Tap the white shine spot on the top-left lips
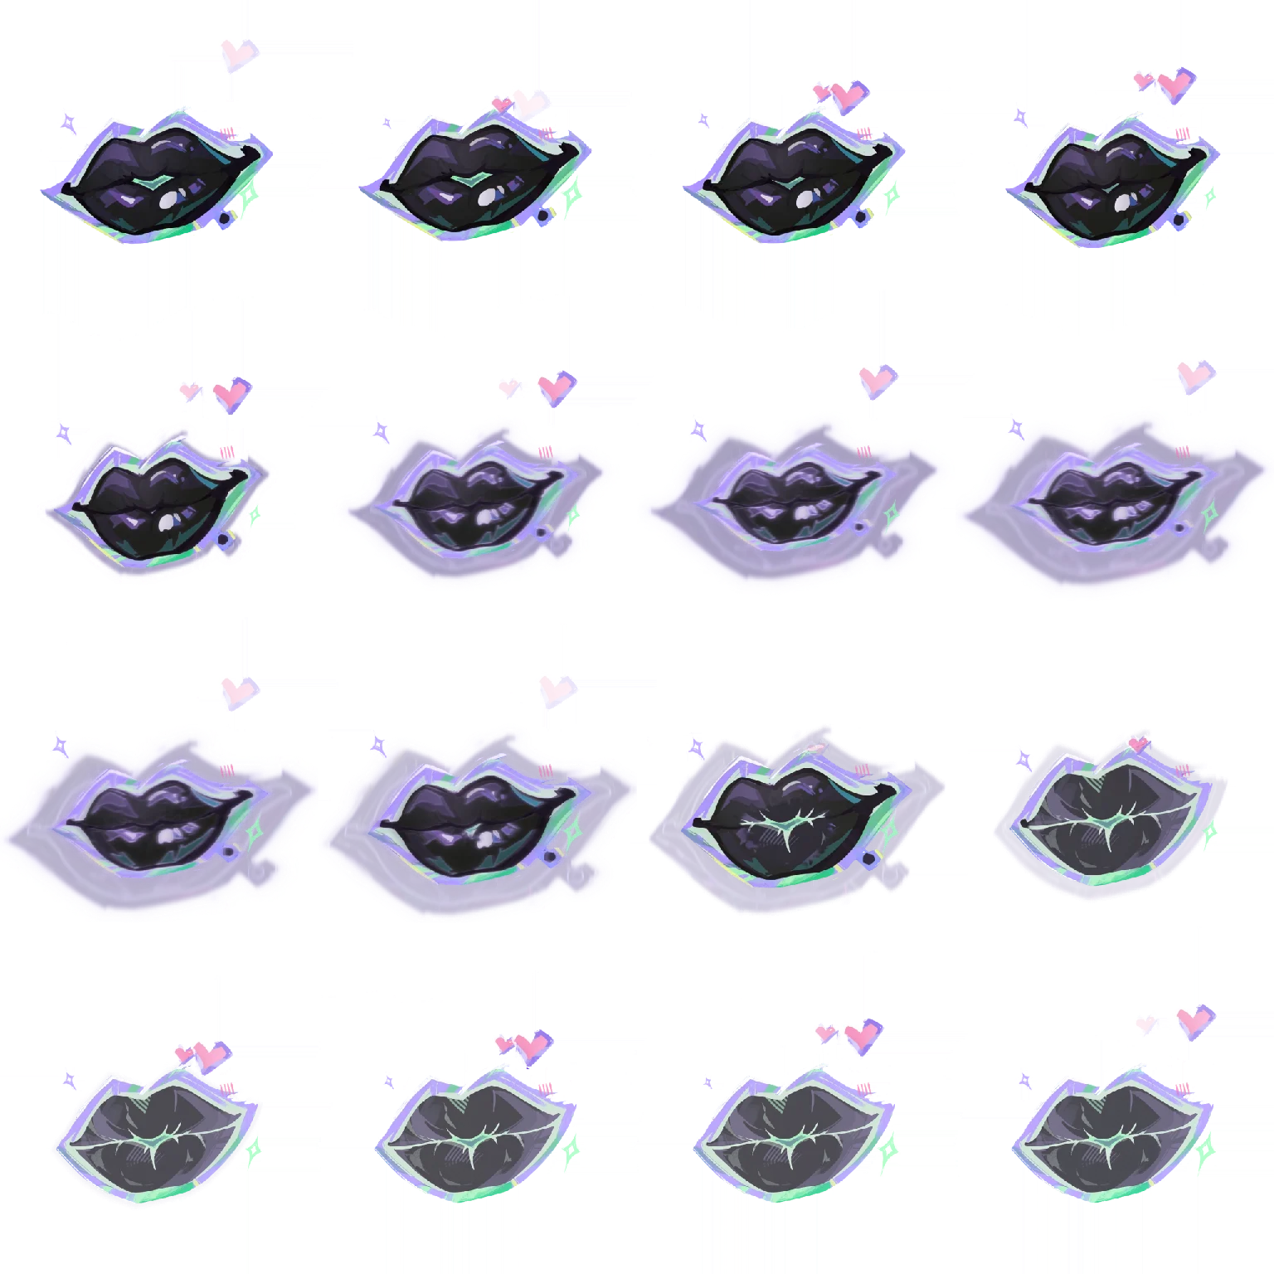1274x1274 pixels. click(169, 198)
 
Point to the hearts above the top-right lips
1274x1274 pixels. click(1167, 83)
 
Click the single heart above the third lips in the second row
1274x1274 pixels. click(873, 380)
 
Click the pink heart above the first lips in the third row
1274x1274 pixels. click(236, 688)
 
